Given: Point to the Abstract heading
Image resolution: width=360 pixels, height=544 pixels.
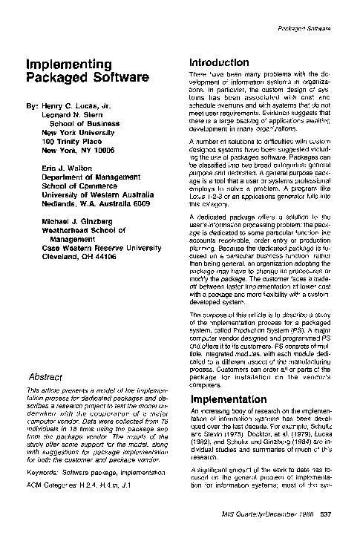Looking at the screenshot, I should [44, 376].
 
